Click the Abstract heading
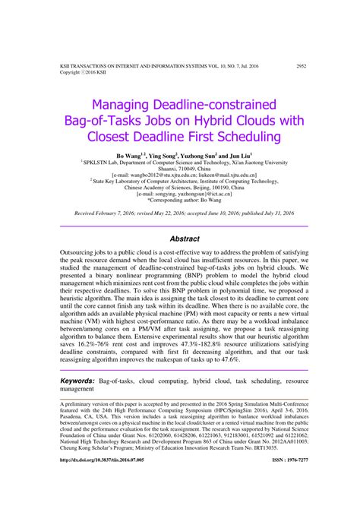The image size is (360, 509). coord(184,239)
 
